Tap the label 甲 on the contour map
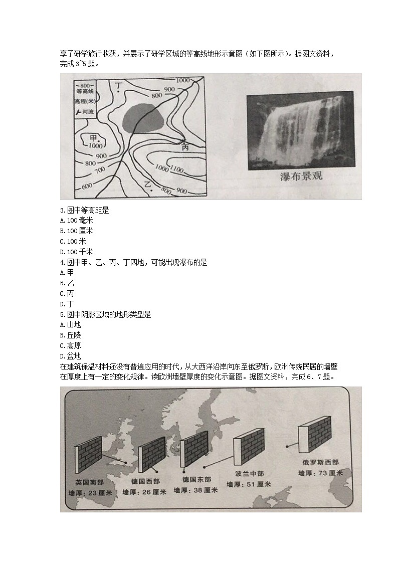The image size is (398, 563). (93, 137)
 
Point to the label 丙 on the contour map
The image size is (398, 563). (185, 147)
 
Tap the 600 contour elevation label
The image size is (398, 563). (86, 186)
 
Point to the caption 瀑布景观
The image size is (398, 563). (300, 176)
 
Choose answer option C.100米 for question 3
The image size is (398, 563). (76, 241)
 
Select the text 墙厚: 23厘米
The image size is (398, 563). (89, 493)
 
